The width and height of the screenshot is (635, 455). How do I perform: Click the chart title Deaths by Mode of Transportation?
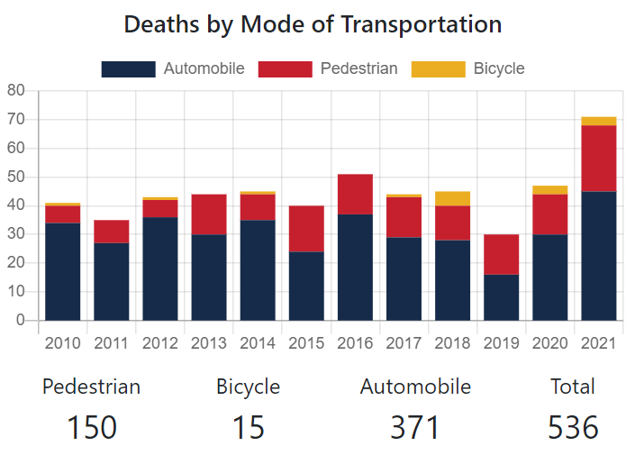click(x=313, y=24)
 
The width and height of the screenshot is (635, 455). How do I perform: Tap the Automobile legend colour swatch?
click(x=130, y=68)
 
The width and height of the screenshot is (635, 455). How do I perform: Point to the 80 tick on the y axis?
click(x=15, y=90)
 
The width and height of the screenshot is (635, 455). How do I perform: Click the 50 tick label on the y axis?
click(x=15, y=177)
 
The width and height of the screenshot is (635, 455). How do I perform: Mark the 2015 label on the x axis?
click(x=306, y=343)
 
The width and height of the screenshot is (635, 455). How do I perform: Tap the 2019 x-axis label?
click(x=501, y=343)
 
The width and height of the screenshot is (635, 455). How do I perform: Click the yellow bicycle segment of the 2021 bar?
click(x=598, y=121)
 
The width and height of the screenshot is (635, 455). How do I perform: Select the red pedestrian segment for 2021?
click(x=598, y=158)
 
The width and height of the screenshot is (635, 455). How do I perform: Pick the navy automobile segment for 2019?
click(x=501, y=297)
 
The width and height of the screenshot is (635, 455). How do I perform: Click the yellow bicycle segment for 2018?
click(x=452, y=198)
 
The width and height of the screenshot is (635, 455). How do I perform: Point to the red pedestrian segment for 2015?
click(x=306, y=228)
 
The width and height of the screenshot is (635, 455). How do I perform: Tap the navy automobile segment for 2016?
click(x=355, y=267)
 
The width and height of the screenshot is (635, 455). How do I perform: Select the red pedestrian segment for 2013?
click(x=209, y=214)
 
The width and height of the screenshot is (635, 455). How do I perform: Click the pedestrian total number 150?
click(x=92, y=427)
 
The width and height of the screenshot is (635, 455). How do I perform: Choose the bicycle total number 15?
click(x=249, y=427)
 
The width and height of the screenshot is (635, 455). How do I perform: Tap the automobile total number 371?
click(x=415, y=427)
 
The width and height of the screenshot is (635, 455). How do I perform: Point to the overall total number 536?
click(x=573, y=427)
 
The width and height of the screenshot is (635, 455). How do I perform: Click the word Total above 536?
click(x=573, y=387)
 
